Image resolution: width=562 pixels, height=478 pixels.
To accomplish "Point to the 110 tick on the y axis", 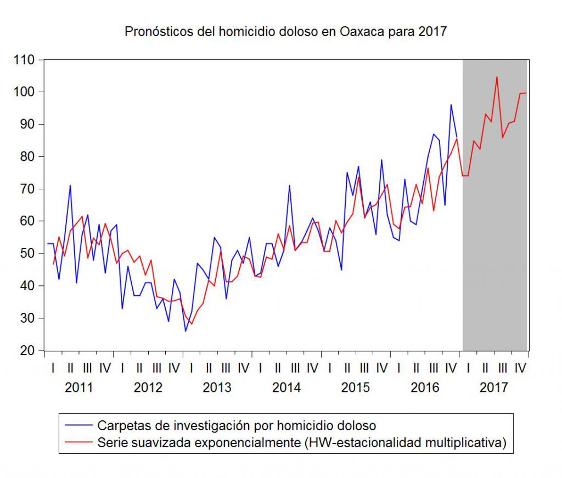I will [x=25, y=59].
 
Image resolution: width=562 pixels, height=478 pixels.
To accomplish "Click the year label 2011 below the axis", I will [x=78, y=387].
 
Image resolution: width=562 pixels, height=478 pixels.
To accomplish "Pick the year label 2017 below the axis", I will [x=493, y=387].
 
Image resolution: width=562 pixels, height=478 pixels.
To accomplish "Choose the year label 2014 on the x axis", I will [x=286, y=387].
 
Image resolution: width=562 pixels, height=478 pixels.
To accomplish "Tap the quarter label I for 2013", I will [x=191, y=368].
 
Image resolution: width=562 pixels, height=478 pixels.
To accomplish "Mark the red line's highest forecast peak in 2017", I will [x=497, y=77].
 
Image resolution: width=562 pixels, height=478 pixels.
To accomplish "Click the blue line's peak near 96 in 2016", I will [x=451, y=104].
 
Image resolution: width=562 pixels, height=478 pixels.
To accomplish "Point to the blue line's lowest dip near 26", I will [x=186, y=331].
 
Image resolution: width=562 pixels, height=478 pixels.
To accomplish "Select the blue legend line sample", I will [x=78, y=425].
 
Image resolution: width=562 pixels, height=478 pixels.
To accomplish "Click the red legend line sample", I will [x=78, y=442].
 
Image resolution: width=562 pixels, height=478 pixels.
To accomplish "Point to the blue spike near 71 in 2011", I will [x=70, y=185].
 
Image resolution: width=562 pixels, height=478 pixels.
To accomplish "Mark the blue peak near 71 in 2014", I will [x=289, y=185].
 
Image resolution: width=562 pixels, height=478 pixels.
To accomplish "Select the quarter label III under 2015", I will [x=364, y=368].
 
